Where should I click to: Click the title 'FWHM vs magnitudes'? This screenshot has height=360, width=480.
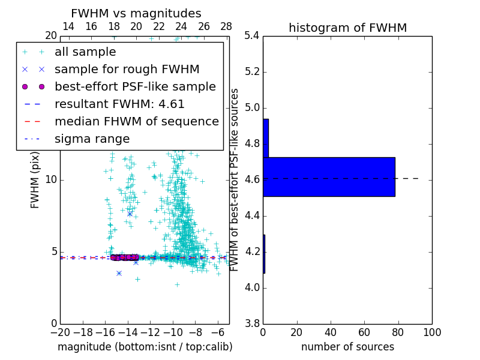pos(136,13)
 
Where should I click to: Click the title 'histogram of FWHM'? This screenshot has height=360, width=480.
pos(347,28)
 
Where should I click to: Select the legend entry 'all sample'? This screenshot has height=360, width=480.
pos(85,52)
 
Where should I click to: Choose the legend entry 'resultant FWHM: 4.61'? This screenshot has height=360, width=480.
pos(119,104)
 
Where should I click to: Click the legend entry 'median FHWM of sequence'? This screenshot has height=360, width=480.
pos(136,122)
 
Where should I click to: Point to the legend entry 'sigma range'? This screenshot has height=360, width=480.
pos(92,139)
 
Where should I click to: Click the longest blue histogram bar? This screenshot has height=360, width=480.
pos(329,177)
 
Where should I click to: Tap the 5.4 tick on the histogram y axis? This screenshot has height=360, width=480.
pos(252,36)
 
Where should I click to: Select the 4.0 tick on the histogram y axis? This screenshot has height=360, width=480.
pos(252,288)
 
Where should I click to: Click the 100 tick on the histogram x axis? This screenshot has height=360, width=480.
pos(432,332)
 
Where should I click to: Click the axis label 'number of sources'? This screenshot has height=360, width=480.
pos(347,347)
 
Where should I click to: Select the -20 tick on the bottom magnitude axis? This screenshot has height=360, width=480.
pos(60,332)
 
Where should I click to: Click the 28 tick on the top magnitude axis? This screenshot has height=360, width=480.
pos(226,27)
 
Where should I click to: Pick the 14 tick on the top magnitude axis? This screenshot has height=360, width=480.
pos(68,27)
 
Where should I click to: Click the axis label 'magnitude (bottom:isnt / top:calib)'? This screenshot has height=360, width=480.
pos(145,347)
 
